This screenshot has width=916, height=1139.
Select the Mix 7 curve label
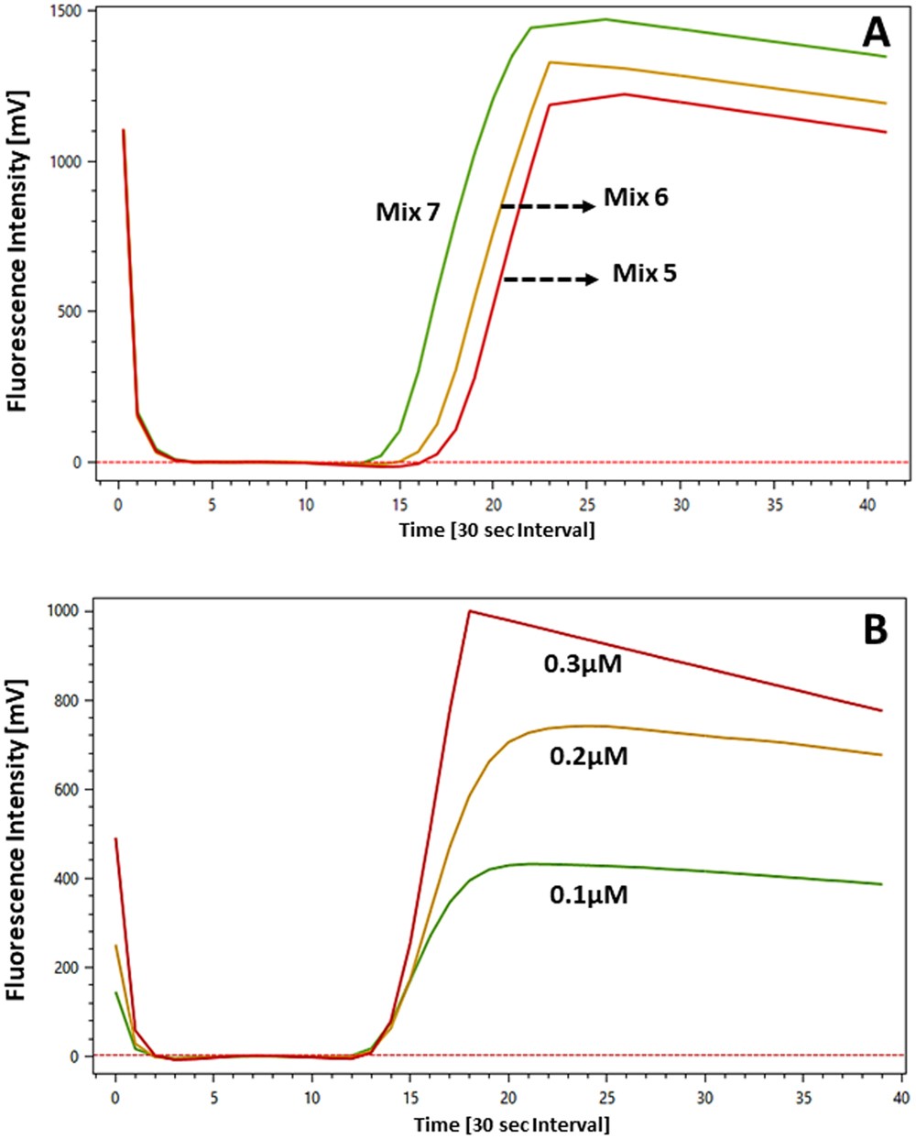(x=409, y=213)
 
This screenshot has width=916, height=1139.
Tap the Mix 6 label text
(x=635, y=197)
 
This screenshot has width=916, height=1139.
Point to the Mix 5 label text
(x=645, y=273)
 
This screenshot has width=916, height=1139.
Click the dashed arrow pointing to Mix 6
(x=548, y=207)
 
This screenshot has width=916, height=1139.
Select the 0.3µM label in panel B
(x=583, y=664)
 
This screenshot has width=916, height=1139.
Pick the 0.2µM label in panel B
(x=588, y=757)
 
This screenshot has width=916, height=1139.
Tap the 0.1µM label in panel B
(x=588, y=894)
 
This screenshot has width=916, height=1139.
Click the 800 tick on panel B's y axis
(x=71, y=701)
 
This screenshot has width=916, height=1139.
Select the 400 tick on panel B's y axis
(x=71, y=879)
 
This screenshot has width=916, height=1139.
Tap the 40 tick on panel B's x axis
(x=901, y=1097)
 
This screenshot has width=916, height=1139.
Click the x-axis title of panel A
(x=496, y=530)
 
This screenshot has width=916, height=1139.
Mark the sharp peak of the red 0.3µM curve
(x=469, y=611)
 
